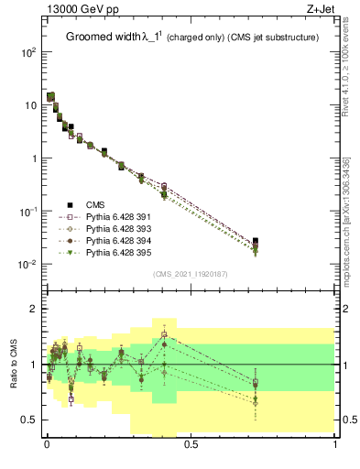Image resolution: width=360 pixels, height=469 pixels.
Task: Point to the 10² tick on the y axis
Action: [27, 52]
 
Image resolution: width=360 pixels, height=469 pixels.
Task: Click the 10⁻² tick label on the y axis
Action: [27, 265]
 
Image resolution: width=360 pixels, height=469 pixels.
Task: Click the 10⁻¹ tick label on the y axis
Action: [27, 212]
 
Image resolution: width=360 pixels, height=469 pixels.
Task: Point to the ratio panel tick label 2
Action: [32, 309]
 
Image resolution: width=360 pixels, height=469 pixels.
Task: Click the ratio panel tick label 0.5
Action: [28, 420]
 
